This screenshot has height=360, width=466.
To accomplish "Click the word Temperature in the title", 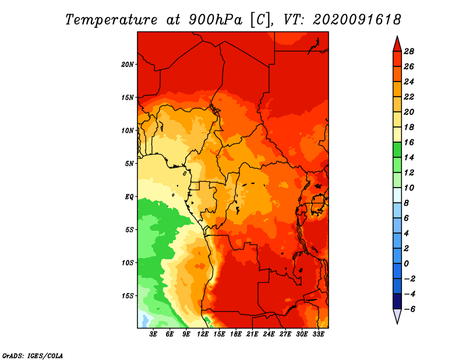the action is point(111,20).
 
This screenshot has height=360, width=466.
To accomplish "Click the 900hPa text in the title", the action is point(215,20).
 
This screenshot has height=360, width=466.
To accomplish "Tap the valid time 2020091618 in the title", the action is point(356,20).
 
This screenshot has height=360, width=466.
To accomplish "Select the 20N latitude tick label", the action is point(128,65).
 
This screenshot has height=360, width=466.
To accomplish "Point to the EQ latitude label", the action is point(129,197).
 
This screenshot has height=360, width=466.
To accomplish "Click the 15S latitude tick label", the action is point(128,296).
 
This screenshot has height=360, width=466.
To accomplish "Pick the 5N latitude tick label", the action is point(129,164).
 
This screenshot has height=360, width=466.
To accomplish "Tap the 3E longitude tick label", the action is point(153,334).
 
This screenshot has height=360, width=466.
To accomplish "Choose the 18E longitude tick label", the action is point(236,334).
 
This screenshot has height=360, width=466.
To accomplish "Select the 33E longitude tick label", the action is point(318,334).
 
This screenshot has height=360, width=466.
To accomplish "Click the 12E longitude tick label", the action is point(203,334).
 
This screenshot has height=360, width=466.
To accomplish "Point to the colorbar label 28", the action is point(409,51).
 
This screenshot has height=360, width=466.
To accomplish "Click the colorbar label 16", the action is point(409,142).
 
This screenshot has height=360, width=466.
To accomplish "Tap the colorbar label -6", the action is point(409,309).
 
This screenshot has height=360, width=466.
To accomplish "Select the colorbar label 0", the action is point(406,264).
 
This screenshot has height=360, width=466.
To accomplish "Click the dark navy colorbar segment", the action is point(397,301).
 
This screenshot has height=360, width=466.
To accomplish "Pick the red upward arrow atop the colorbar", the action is point(397,44).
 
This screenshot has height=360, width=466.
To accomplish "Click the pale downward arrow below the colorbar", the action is point(397,316).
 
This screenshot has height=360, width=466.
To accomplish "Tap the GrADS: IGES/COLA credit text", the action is point(33,356).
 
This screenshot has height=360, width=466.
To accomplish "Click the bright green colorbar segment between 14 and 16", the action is point(397,150).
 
